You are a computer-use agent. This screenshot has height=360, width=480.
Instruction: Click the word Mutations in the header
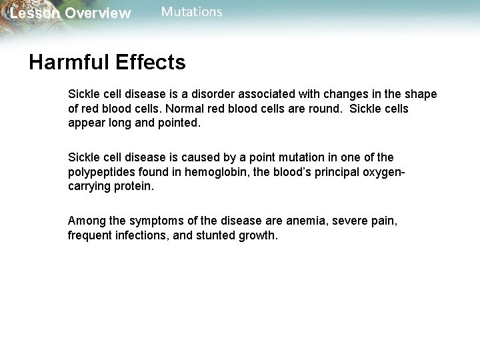click(192, 12)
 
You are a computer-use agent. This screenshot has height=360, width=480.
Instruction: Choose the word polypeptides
click(101, 172)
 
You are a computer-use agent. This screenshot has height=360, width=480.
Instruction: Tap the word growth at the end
click(257, 235)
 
